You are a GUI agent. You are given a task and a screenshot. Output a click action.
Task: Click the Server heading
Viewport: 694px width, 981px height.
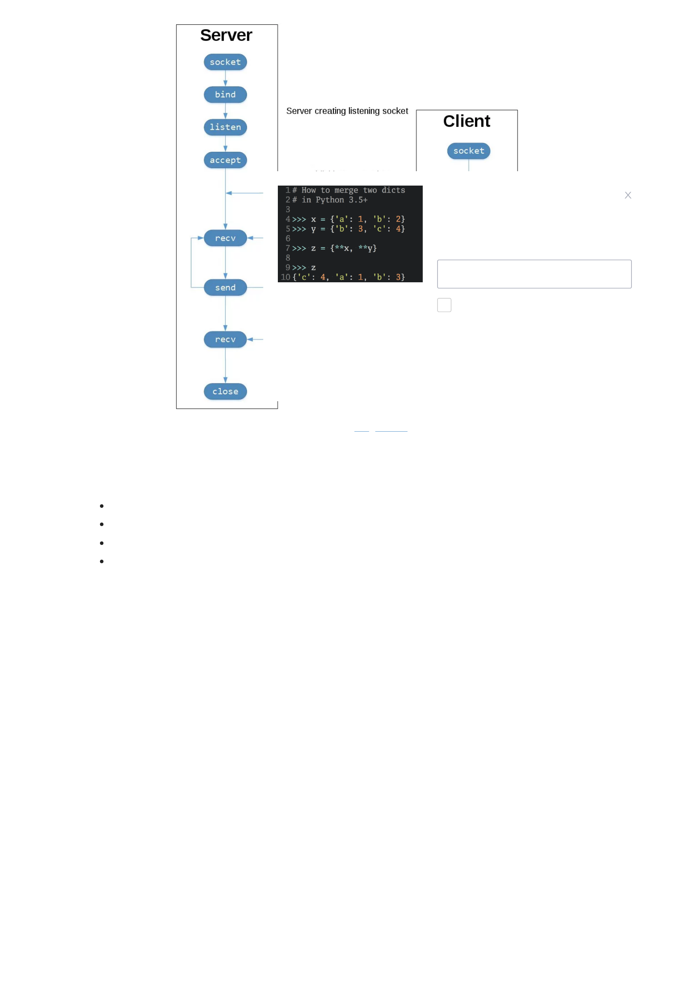[226, 35]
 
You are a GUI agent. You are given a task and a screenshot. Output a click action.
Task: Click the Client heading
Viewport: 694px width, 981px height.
[466, 121]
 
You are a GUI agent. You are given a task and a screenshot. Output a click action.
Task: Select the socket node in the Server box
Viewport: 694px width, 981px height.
[225, 62]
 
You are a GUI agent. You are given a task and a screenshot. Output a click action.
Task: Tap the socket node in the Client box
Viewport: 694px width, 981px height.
[468, 151]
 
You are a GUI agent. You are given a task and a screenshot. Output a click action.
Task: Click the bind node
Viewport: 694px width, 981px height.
[225, 94]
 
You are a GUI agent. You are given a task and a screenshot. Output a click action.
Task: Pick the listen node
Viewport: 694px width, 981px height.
[225, 127]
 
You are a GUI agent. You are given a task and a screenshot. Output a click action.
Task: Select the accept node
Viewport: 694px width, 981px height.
[225, 160]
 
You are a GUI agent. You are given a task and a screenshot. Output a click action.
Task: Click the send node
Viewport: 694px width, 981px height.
[225, 288]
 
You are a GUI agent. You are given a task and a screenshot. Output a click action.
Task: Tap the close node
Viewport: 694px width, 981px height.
[225, 391]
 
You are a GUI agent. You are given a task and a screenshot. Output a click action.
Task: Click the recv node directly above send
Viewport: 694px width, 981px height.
[225, 238]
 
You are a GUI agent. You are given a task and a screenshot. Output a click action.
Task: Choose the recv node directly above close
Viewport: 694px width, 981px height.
[225, 339]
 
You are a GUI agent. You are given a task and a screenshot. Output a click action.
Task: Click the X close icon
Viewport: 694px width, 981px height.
[627, 195]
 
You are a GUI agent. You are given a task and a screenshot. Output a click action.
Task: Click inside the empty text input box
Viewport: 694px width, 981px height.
[534, 274]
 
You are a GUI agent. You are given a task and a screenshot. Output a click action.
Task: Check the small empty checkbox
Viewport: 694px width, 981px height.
[444, 305]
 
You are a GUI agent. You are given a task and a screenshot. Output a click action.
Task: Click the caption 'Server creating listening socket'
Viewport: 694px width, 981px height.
[347, 111]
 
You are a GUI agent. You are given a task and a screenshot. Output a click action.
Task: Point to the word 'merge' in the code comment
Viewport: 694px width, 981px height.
[346, 190]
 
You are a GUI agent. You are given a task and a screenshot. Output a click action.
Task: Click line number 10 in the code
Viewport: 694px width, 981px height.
[285, 277]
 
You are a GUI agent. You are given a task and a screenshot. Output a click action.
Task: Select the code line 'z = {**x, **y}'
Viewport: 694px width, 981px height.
[344, 248]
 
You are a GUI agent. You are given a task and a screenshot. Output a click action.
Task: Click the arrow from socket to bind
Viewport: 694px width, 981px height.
[225, 78]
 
